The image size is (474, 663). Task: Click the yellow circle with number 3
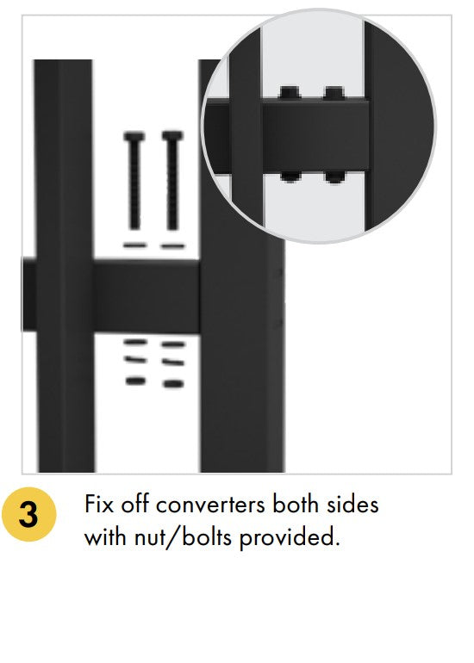[28, 514]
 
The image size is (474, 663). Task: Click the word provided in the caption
[290, 538]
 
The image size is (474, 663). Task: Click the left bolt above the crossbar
[134, 181]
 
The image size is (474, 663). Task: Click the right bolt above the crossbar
[172, 181]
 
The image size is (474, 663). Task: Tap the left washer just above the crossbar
[134, 245]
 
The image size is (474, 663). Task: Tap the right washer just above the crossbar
[172, 245]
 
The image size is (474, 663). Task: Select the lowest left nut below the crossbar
[135, 381]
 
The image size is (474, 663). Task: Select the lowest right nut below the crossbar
[173, 383]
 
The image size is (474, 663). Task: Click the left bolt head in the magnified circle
[290, 93]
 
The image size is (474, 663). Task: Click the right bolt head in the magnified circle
[334, 93]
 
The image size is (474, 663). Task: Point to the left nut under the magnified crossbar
[290, 177]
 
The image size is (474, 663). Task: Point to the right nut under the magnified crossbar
[334, 177]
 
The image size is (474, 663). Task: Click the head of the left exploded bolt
[134, 137]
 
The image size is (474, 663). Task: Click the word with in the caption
[106, 537]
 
